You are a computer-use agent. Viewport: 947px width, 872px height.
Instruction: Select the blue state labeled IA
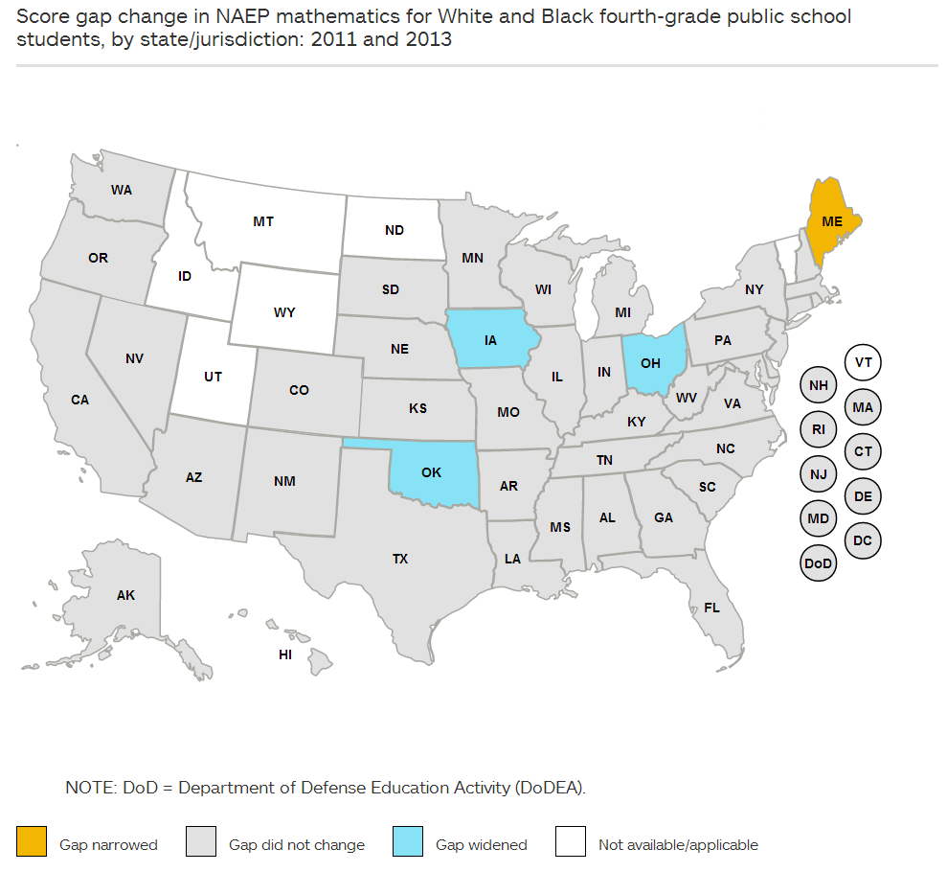coord(490,339)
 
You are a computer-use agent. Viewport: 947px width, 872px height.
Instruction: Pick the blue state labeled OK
coord(431,472)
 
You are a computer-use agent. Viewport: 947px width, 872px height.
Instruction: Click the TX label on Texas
coord(400,559)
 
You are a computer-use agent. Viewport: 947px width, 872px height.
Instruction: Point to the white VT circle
coord(863,362)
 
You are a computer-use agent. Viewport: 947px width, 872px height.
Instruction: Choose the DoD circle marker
coord(818,563)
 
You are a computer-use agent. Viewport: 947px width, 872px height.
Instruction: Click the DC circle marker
coord(863,540)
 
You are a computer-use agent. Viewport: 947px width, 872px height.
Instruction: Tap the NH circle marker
coord(818,385)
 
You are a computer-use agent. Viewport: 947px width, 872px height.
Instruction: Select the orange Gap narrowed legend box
coord(32,842)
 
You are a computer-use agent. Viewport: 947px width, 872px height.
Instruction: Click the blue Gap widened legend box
coord(408,842)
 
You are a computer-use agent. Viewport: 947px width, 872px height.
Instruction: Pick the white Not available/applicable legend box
coord(571,842)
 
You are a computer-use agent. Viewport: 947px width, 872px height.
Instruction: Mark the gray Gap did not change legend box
coord(201,842)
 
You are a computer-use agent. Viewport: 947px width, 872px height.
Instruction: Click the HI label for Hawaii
coord(285,655)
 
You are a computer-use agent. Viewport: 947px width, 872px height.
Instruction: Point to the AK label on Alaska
coord(125,595)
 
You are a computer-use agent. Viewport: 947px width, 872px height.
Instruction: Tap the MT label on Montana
coord(263,221)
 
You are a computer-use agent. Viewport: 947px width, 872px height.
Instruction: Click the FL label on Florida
coord(711,608)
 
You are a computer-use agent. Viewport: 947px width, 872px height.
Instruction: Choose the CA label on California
coord(79,400)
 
